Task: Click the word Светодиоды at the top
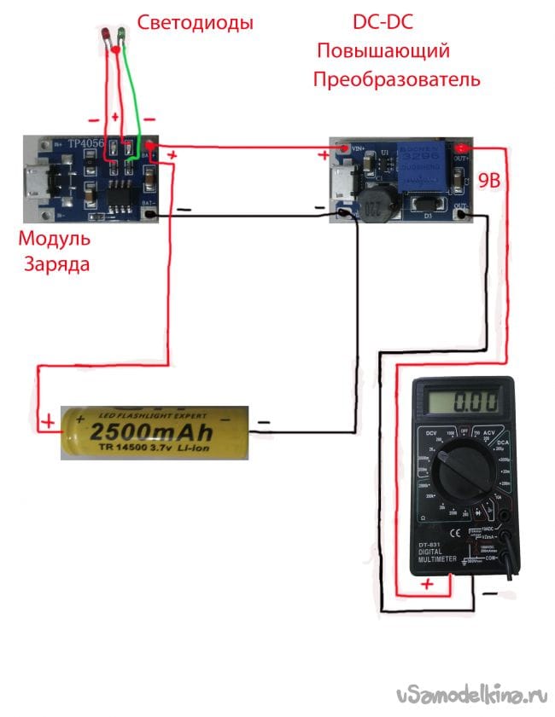196,23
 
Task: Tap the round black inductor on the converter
371,205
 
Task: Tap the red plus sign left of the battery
49,420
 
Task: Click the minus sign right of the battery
264,421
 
